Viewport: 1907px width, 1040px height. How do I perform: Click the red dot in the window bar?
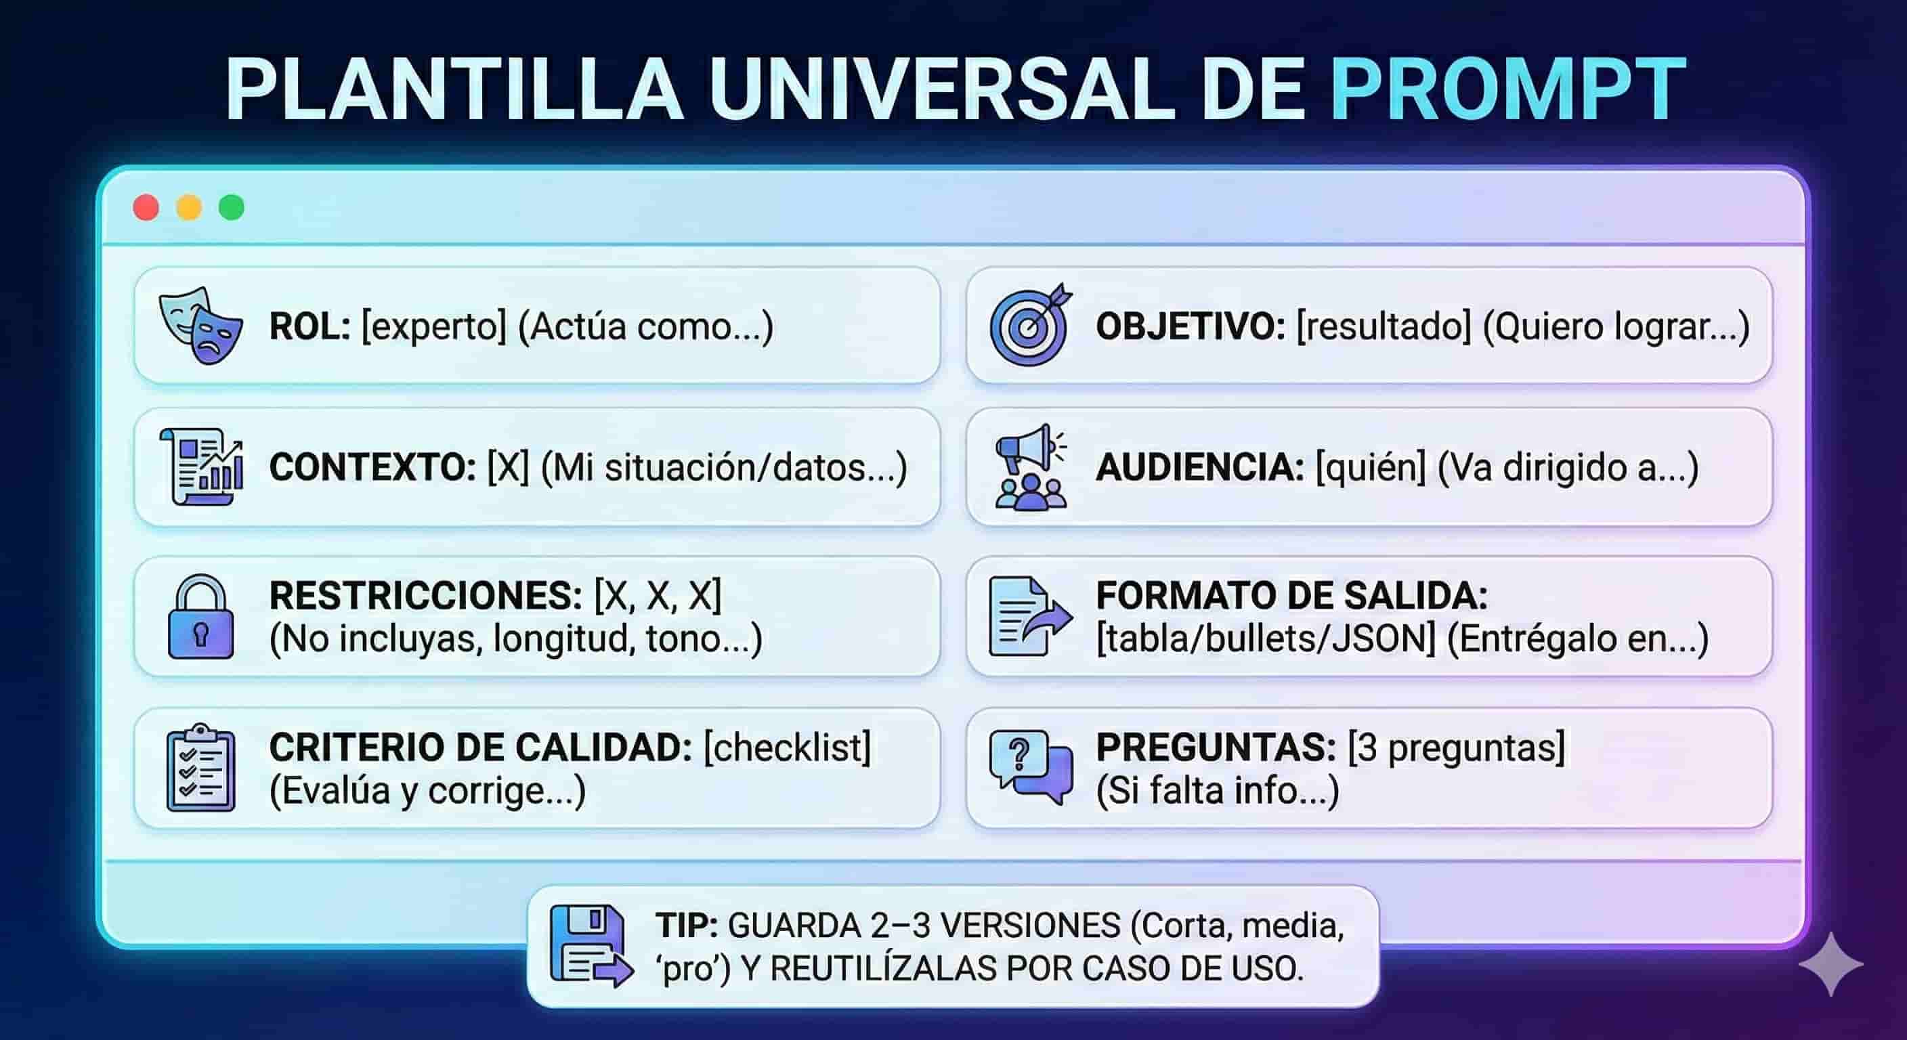146,208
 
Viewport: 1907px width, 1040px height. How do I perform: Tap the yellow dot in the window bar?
189,208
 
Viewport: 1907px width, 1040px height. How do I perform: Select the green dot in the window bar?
232,208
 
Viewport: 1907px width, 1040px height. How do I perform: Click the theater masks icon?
200,325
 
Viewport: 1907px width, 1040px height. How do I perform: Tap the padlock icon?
200,617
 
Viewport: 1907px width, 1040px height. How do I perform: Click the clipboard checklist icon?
200,768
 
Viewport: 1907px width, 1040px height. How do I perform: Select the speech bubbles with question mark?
1031,768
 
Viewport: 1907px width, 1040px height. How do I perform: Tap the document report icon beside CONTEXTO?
201,467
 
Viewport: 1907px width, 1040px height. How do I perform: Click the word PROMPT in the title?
1508,89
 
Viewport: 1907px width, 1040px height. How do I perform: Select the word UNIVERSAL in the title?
941,89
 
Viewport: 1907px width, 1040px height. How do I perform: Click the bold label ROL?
309,326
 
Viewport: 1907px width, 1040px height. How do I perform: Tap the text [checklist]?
787,747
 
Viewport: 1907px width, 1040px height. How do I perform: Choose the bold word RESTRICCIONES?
426,595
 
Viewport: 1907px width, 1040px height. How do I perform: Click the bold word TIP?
686,926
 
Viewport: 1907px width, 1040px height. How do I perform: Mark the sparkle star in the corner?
1830,963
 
